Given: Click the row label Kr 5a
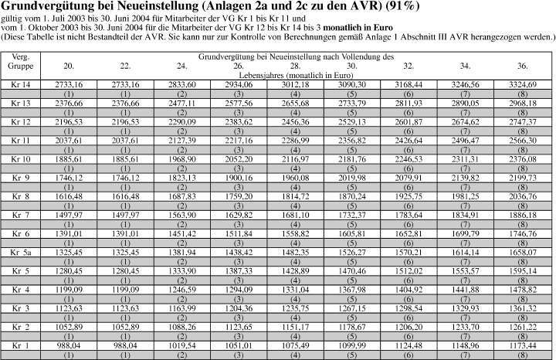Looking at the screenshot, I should [x=25, y=252].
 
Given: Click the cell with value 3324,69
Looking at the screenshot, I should [x=523, y=84].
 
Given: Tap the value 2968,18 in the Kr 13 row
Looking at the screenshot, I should [x=523, y=103].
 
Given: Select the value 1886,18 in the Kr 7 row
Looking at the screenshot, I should [x=523, y=215].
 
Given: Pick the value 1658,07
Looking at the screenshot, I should [x=523, y=252].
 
